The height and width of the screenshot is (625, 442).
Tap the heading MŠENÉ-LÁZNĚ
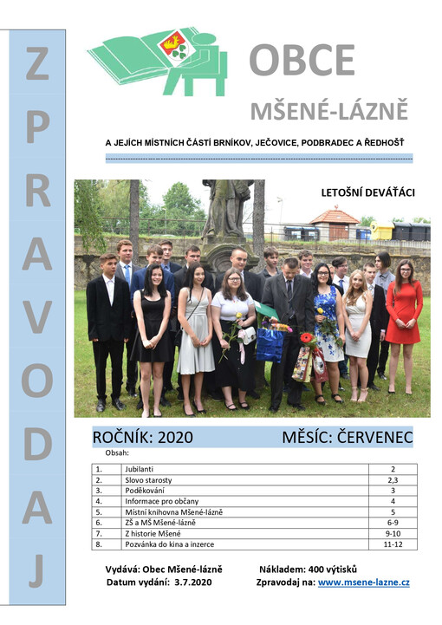[x=328, y=111]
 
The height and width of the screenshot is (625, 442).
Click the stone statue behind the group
[x=226, y=212]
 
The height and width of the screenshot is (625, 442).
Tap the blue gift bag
[x=269, y=344]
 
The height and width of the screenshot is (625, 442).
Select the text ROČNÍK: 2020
[x=142, y=437]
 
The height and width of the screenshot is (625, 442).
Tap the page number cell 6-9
[x=392, y=523]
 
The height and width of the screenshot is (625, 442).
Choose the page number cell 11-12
[x=392, y=544]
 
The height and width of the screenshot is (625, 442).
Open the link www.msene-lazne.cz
[x=364, y=583]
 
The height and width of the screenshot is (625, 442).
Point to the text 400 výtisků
[x=335, y=569]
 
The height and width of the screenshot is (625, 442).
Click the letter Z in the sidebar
[x=36, y=65]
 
